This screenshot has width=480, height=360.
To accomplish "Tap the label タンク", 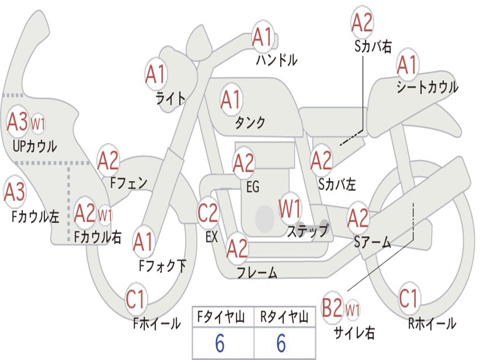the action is [x=250, y=123].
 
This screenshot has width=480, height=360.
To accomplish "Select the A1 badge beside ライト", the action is [x=156, y=74].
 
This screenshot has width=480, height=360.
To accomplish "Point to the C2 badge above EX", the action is [x=208, y=213].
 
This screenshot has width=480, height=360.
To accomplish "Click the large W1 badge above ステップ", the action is [x=290, y=209].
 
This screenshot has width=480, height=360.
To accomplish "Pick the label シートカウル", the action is [x=427, y=88].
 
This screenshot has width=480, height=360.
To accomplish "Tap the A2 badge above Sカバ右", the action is [x=362, y=22].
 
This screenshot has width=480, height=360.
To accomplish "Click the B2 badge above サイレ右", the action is [x=332, y=309].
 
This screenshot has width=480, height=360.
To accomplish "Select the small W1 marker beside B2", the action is [x=352, y=310].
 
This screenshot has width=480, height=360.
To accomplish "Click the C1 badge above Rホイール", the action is [x=408, y=298].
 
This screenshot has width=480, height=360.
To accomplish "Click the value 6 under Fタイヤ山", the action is [x=220, y=344].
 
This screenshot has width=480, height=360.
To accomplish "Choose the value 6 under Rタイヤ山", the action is [x=281, y=344].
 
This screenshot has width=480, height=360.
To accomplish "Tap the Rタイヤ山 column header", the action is [x=284, y=318].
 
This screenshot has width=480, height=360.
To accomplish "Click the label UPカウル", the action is [x=35, y=146].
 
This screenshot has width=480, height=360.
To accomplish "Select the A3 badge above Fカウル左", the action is [x=15, y=192].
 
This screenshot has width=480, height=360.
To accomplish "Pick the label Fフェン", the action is [x=129, y=182].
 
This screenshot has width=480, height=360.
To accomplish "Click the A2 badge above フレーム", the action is [x=237, y=248].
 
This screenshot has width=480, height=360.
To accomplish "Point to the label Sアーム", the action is [x=373, y=242].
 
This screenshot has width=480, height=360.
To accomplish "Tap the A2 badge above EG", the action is [x=244, y=163].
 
